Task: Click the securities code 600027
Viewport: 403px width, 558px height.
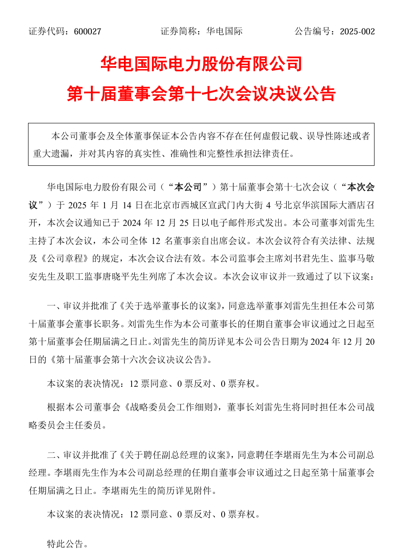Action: [87, 32]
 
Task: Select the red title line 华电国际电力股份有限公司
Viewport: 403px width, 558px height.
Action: [201, 64]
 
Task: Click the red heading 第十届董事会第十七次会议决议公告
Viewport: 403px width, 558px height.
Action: [201, 94]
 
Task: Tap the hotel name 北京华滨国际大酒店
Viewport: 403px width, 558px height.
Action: [322, 204]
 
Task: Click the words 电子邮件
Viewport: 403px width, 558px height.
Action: [241, 222]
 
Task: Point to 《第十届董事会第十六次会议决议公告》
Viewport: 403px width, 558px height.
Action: [131, 360]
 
